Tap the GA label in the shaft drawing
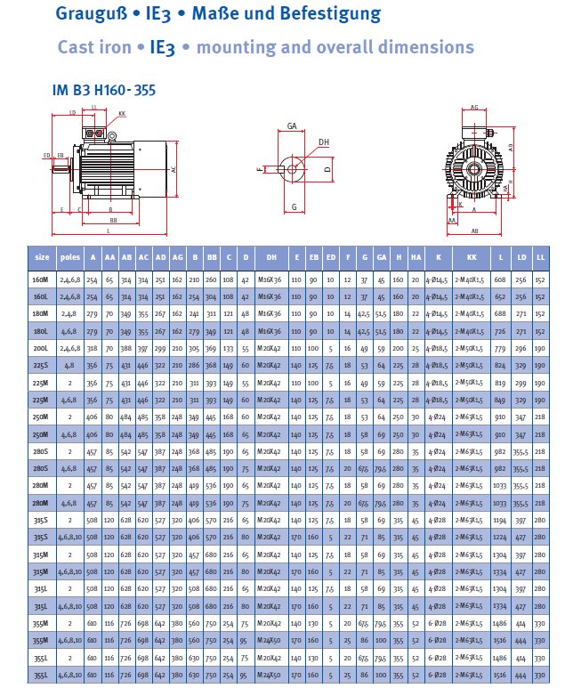coord(292,127)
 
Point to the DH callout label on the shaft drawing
coord(324,142)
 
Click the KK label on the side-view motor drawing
coord(122,113)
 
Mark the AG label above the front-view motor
coord(474,107)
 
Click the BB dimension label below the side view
coord(113,220)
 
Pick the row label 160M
coord(41,279)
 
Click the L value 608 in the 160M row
coord(500,279)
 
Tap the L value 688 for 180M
coord(500,313)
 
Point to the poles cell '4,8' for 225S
coord(69,364)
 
